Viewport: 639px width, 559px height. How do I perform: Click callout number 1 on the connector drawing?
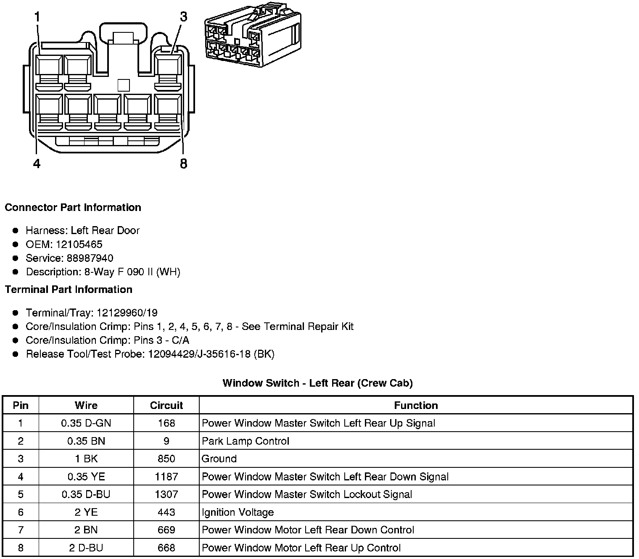[37, 17]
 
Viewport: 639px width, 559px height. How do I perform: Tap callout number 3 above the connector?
[183, 17]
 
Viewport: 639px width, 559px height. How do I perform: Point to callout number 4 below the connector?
[37, 163]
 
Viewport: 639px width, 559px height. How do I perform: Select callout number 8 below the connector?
[183, 163]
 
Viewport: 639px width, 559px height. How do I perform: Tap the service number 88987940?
[90, 258]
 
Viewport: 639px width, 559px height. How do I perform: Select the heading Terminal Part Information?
[69, 290]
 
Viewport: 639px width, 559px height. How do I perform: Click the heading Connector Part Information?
[73, 208]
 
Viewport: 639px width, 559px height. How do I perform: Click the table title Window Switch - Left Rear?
[317, 383]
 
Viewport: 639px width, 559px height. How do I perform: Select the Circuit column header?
[166, 406]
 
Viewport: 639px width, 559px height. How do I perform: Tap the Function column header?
[416, 406]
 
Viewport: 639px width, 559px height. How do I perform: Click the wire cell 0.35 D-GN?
[86, 423]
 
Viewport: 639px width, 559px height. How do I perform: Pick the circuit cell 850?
[166, 459]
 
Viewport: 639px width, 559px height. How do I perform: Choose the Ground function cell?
[219, 459]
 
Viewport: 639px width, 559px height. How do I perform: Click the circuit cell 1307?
[166, 494]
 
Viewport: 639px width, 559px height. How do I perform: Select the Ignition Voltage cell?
[238, 512]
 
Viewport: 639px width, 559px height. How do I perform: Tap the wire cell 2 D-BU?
[86, 548]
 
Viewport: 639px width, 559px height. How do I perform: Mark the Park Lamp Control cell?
[246, 441]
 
